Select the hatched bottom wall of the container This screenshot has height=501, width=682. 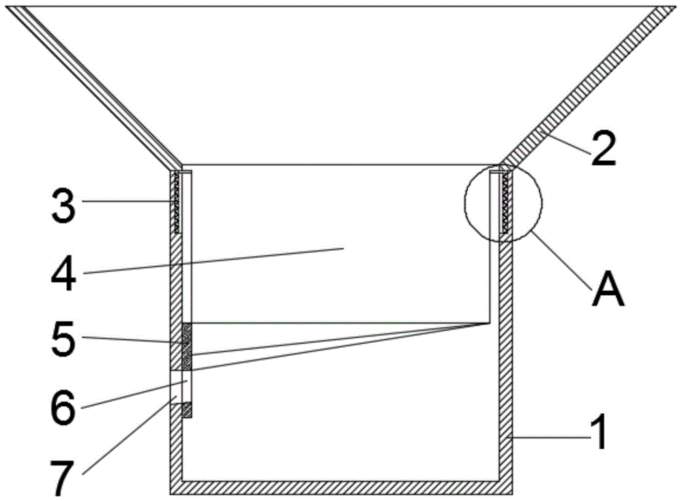(x=341, y=487)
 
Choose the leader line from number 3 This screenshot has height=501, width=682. (x=130, y=201)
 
